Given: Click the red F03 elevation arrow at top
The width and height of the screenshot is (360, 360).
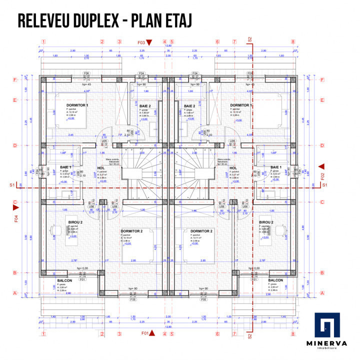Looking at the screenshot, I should tap(155, 42).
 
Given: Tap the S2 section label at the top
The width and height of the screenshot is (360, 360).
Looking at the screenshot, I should tap(250, 38).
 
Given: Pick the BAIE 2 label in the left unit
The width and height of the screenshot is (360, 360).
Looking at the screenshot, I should tap(145, 106).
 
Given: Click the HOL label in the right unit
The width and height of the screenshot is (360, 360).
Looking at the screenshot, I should tap(233, 168).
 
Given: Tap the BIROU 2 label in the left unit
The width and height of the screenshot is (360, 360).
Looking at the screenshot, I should tap(75, 221).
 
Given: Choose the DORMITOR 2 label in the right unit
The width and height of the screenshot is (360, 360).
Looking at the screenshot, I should tap(201, 231).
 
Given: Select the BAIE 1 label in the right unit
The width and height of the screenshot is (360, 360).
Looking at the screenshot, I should tap(275, 167).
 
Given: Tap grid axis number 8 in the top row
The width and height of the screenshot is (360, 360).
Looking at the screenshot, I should tap(292, 42).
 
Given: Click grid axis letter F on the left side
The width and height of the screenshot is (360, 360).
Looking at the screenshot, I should tap(15, 79).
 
